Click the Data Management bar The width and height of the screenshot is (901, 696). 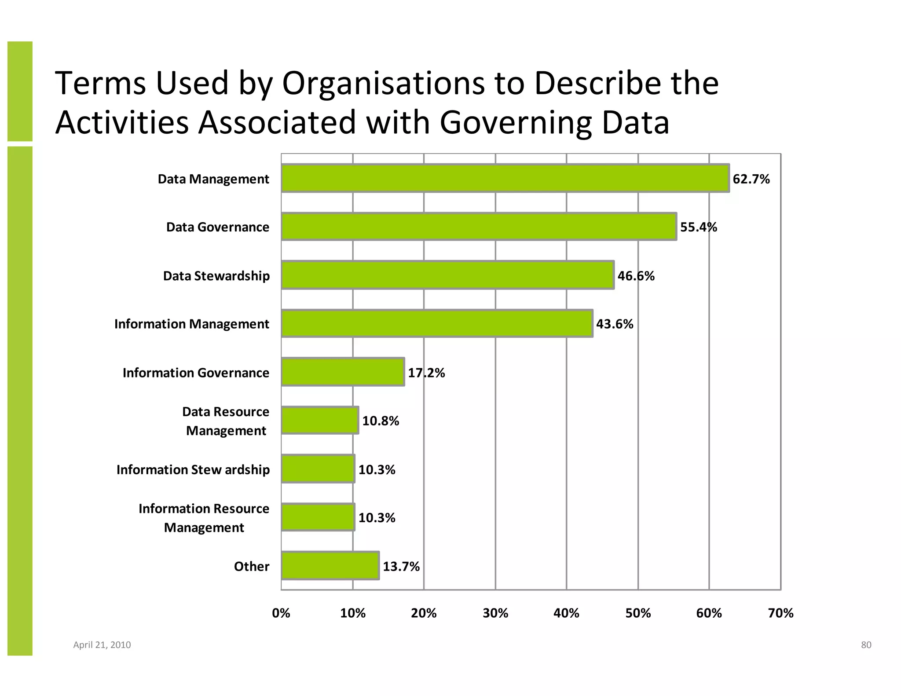click(505, 178)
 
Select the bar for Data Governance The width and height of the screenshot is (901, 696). click(479, 227)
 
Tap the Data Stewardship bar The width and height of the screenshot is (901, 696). click(447, 275)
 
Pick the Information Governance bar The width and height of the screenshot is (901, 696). click(343, 372)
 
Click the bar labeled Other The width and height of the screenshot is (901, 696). click(330, 566)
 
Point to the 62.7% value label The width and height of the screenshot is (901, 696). click(751, 179)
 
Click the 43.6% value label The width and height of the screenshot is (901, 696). click(615, 324)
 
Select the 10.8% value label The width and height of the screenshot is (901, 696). click(381, 421)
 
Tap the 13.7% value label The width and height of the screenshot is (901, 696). click(401, 567)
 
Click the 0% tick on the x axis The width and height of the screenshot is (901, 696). click(281, 613)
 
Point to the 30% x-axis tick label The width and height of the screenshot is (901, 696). click(495, 613)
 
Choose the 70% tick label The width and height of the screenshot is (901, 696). click(780, 613)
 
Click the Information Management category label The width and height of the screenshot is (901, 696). click(191, 324)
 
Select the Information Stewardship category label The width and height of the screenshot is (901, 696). click(193, 470)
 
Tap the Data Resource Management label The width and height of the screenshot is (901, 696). click(226, 421)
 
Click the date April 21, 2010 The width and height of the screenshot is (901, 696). click(102, 645)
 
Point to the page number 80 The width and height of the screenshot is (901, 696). click(866, 645)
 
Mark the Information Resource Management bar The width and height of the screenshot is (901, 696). click(318, 517)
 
